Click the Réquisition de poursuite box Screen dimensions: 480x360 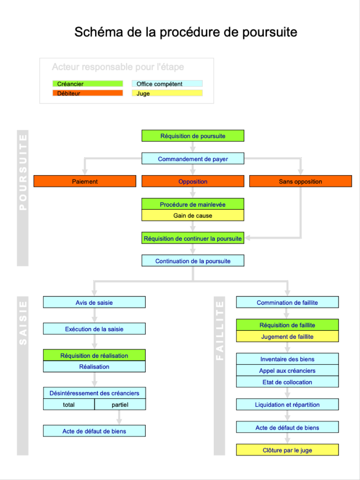click(x=193, y=136)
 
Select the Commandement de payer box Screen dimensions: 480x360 click(x=193, y=159)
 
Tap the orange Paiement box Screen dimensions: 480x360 click(x=85, y=181)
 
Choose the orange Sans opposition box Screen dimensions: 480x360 click(x=300, y=181)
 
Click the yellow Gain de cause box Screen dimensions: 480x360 click(x=193, y=216)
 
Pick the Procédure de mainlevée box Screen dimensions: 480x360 click(x=193, y=204)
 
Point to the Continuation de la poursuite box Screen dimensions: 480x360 click(x=193, y=261)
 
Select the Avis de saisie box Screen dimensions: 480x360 click(x=94, y=303)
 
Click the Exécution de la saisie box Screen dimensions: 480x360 click(x=94, y=329)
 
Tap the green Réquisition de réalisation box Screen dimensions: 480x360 click(x=94, y=355)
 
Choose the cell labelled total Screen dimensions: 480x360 click(x=69, y=404)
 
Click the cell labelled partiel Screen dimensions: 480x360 click(x=120, y=404)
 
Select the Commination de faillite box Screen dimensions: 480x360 click(x=287, y=303)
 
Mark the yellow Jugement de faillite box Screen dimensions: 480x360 click(x=287, y=337)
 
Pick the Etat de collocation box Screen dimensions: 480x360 click(x=287, y=382)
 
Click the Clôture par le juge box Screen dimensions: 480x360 click(x=287, y=450)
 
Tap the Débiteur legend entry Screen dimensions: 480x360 click(x=88, y=93)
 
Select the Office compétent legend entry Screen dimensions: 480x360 click(x=167, y=84)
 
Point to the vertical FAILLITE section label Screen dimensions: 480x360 click(x=220, y=330)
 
